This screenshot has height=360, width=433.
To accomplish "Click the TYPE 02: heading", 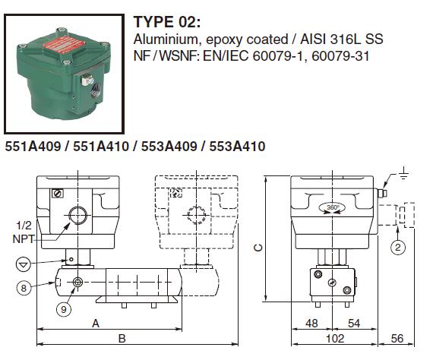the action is coord(167,22).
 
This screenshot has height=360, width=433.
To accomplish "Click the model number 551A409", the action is coord(33,146).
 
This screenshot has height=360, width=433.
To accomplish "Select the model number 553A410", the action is coord(237,146).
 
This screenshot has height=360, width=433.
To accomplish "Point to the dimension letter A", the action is coord(96,323).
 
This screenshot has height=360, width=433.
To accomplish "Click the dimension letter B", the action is coord(122,339).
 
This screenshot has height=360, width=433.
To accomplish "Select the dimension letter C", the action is coord(258,248).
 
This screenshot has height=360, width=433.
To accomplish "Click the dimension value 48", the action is coord(311,324).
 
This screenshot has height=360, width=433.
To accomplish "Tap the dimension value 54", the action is coord(354,324).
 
